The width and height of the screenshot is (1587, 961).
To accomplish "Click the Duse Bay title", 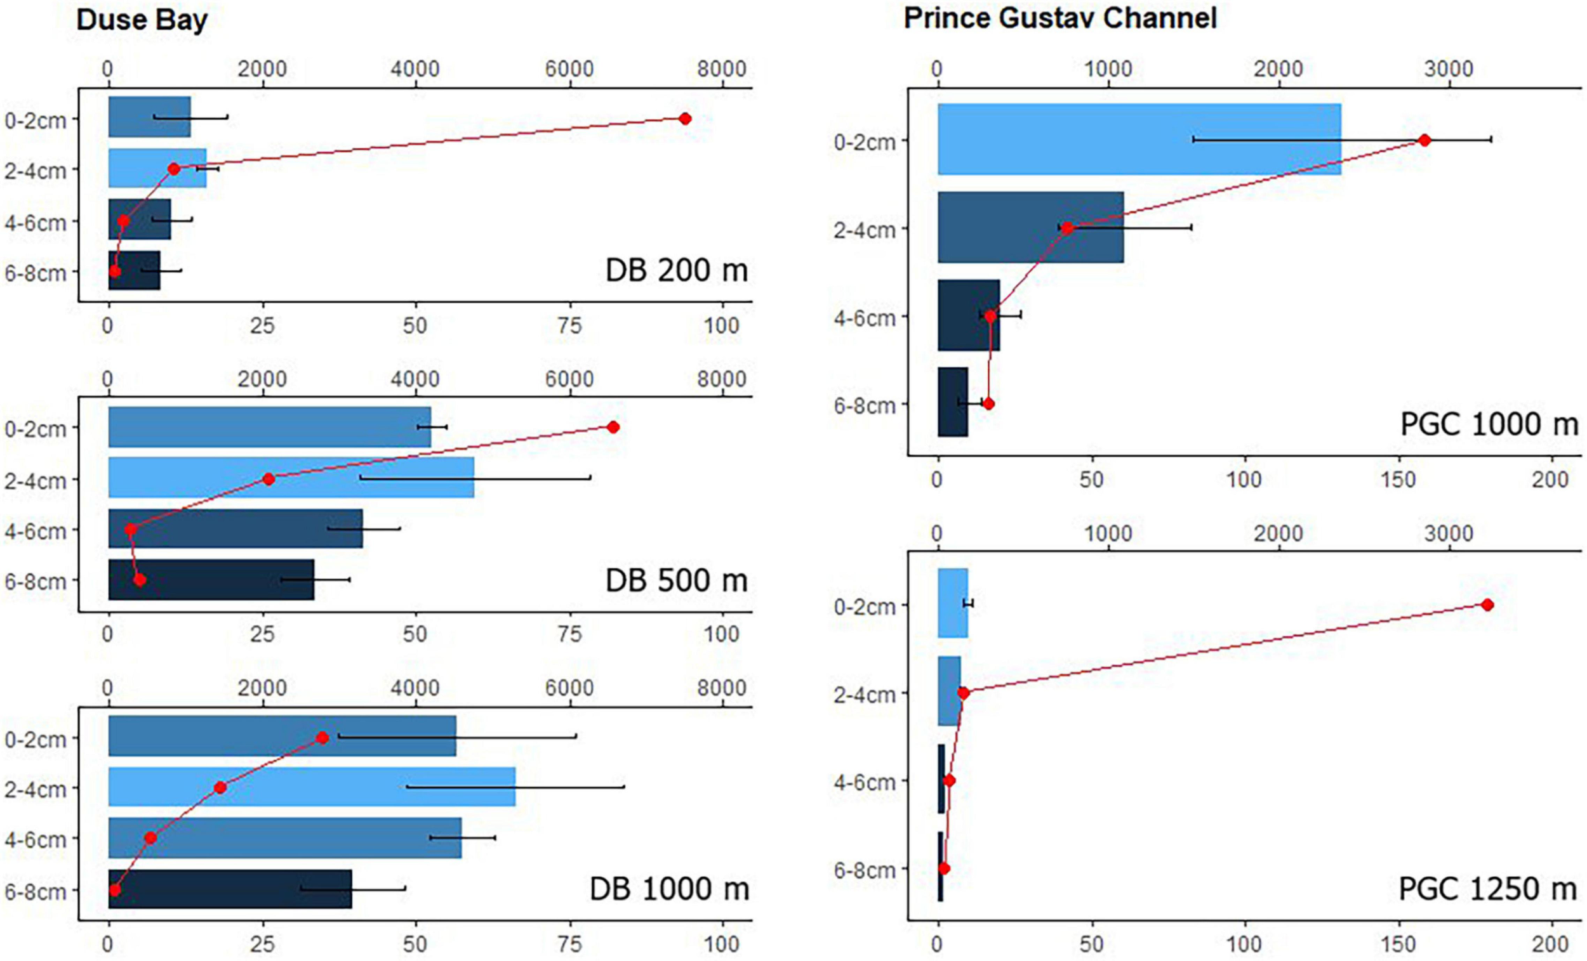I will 142,20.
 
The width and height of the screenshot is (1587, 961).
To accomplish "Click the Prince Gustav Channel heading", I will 1060,17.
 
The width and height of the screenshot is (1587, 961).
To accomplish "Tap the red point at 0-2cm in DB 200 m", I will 685,119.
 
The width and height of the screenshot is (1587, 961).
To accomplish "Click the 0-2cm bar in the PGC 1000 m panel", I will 1139,139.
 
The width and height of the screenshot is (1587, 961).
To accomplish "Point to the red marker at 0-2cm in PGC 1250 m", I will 1487,605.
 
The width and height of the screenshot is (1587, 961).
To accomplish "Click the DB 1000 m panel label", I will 669,889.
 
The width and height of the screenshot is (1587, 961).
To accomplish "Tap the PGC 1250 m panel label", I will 1488,889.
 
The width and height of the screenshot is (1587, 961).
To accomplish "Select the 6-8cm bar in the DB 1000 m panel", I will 230,889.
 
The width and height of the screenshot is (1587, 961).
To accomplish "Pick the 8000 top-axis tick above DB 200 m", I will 721,69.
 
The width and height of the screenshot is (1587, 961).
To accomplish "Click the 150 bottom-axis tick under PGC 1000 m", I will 1399,480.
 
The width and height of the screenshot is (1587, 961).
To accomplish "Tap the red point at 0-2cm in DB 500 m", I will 613,428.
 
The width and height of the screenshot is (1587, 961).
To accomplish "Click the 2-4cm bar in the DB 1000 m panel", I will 312,787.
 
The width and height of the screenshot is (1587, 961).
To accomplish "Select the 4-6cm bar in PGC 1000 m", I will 968,315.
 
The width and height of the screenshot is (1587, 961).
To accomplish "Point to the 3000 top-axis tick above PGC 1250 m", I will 1449,533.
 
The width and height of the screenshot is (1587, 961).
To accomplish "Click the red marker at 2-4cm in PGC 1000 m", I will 1067,228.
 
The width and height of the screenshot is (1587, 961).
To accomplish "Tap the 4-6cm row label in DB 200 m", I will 36,223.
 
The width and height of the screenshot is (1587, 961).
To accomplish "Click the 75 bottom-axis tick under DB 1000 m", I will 569,944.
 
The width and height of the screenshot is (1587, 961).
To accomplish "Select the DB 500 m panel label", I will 676,580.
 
